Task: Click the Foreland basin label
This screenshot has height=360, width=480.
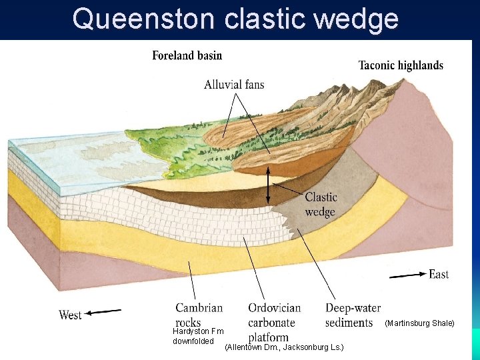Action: pos(187,55)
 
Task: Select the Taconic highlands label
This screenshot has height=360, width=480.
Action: pos(401,65)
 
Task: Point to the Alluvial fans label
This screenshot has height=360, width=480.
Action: pos(234,85)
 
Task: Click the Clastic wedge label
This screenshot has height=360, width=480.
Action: pos(321,205)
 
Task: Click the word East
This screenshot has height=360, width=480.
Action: pos(439,274)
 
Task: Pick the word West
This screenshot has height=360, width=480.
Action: pos(71,315)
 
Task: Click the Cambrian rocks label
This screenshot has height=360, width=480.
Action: pos(199,315)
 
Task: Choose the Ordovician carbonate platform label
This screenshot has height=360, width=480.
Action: pos(274,323)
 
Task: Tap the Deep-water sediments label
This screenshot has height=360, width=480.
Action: pos(353,315)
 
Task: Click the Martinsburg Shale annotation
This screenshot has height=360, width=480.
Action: pos(419,323)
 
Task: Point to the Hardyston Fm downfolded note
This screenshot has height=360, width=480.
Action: pos(198,336)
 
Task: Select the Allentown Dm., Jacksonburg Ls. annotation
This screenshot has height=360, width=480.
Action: pos(284,347)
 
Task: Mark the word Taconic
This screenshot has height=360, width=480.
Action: pos(379,65)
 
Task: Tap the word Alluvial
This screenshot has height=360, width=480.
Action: pos(222,85)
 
